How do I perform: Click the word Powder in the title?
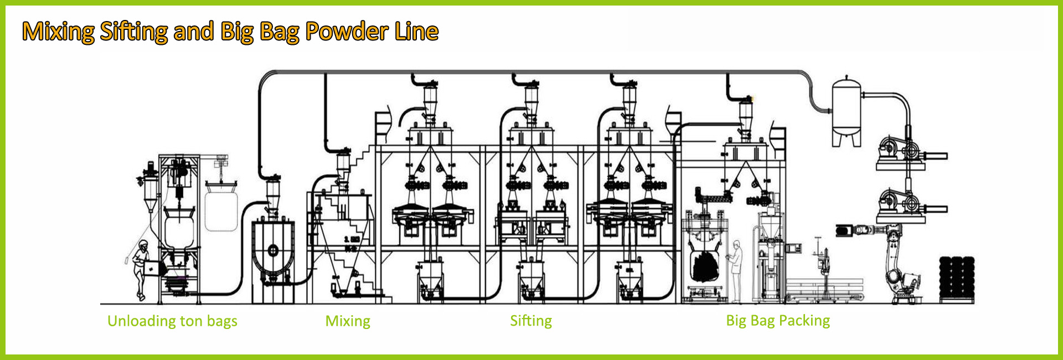coord(346,32)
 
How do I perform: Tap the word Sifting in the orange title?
coord(133,32)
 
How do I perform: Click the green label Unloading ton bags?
coord(172,321)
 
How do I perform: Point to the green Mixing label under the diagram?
coord(348,321)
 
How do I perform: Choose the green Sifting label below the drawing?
coord(531,321)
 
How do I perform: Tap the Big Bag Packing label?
coord(778,321)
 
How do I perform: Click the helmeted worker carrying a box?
coord(142,269)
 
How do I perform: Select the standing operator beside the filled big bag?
coord(736,271)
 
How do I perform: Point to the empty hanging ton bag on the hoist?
coord(221,210)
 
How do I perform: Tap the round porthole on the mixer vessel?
coord(273,250)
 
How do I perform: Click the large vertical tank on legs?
coord(847,111)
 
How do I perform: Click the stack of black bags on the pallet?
coord(957,278)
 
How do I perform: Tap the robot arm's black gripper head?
coord(845,230)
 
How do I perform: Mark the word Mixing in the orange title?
coord(58,32)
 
